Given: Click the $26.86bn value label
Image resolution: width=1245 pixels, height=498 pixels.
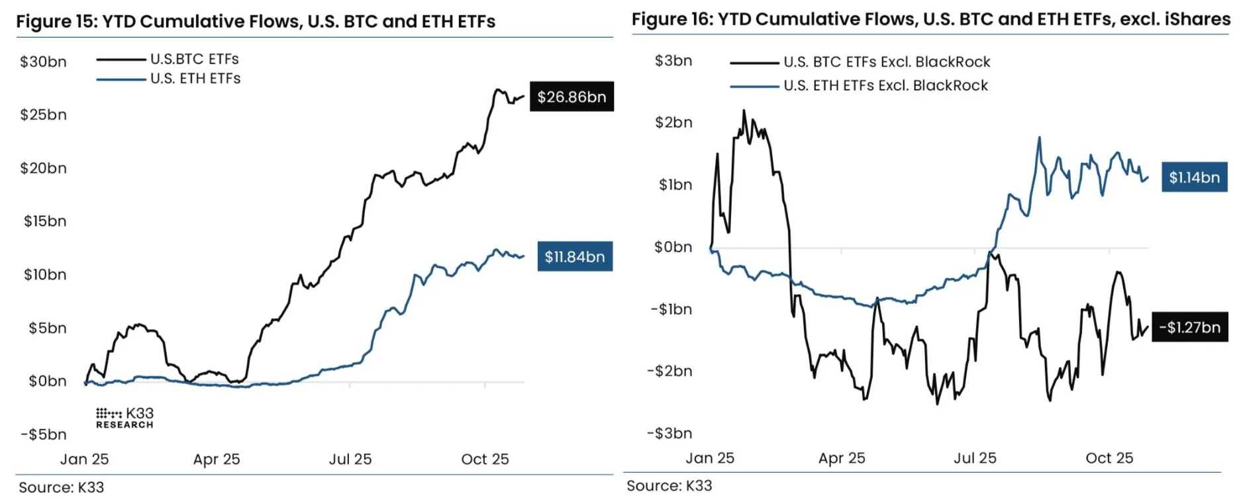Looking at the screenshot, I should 572,97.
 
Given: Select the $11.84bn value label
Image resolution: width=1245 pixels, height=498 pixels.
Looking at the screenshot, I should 574,257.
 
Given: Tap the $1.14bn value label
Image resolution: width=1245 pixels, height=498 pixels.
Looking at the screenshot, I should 1194,177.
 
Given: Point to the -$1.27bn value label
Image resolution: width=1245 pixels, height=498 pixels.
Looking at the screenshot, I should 1189,327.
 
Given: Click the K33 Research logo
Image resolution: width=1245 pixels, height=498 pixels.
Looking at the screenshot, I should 124,418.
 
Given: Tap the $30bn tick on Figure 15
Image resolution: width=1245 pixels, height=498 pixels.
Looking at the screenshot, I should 44,62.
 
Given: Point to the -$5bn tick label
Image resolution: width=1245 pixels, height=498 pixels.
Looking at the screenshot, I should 44,434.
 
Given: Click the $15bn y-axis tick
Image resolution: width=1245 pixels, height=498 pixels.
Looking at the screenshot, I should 45,221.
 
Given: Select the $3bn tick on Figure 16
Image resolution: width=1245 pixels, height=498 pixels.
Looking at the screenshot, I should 673,61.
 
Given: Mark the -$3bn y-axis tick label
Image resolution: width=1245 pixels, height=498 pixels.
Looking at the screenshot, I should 670,433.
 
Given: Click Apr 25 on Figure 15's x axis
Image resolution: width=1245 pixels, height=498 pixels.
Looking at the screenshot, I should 217,460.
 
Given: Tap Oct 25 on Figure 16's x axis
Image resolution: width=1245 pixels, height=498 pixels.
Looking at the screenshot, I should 1109,458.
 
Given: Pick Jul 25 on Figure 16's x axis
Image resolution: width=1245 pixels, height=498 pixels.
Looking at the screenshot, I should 975,458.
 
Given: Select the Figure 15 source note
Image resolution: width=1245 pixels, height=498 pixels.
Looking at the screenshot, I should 62,487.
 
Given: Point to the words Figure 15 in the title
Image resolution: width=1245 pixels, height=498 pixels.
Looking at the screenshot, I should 56,22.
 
